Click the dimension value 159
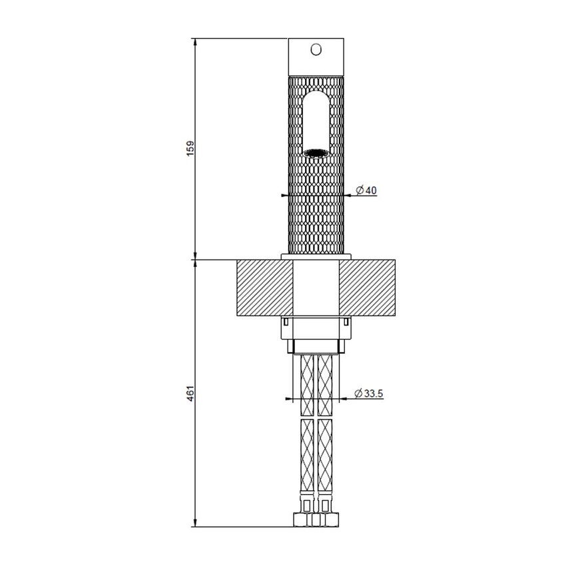190,148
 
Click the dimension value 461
190,394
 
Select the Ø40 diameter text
366,190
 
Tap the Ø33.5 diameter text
369,394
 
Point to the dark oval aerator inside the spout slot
316,152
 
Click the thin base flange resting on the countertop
316,257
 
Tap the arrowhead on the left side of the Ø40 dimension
284,196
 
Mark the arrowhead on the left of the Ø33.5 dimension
288,399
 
